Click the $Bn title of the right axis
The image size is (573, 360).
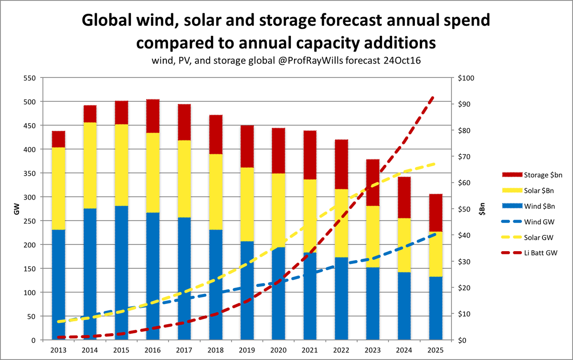[482, 209]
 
